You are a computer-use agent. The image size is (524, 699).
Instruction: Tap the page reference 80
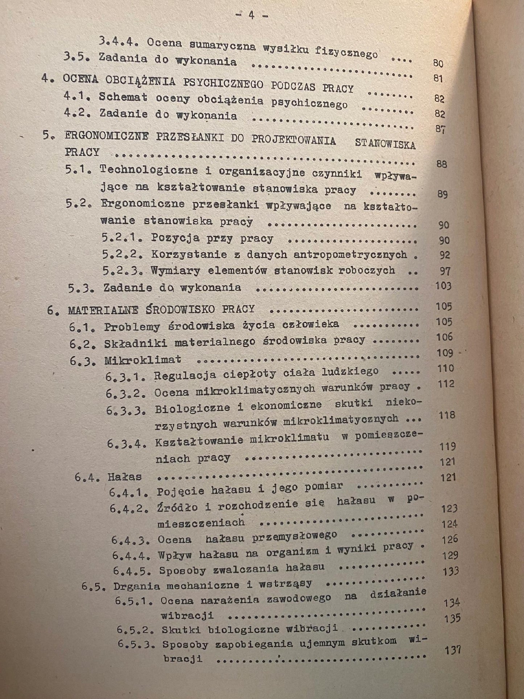438,63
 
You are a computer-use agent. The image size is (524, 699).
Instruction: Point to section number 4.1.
77,96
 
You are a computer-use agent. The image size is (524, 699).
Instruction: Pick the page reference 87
440,129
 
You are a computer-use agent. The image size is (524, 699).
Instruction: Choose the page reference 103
443,286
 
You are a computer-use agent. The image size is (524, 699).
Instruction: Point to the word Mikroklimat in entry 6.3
143,360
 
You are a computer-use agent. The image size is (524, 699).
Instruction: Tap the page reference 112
446,384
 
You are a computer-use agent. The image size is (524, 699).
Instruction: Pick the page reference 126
450,539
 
